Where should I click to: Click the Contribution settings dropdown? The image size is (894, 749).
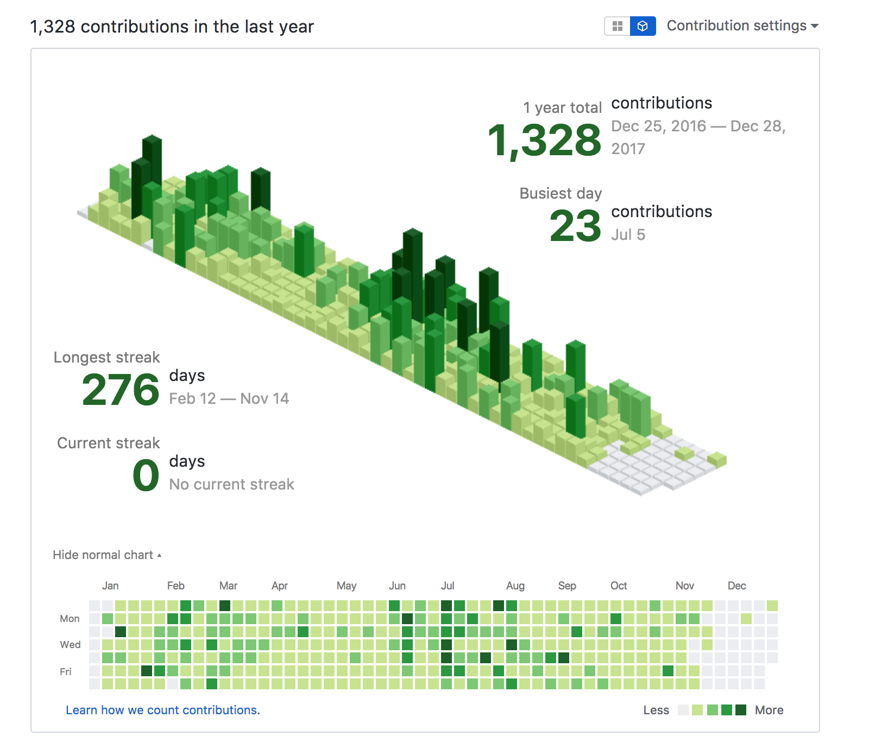[x=742, y=26]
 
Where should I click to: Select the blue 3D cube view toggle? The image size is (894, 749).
[x=643, y=26]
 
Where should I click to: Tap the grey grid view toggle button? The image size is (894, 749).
[x=618, y=26]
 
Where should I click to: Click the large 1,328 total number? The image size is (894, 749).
[x=544, y=141]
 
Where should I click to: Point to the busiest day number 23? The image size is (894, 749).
[x=575, y=226]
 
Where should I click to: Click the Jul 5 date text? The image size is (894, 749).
[x=628, y=235]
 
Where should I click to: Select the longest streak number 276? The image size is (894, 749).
[x=121, y=390]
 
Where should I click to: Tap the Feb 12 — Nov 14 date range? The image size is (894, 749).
[x=229, y=399]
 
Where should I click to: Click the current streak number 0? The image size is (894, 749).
[x=146, y=475]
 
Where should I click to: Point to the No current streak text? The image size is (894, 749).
[x=232, y=485]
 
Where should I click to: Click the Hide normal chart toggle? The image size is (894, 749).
[x=107, y=555]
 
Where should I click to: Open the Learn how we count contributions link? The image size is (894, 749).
[x=163, y=710]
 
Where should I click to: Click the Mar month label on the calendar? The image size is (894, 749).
[x=228, y=586]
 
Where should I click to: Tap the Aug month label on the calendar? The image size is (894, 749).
[x=515, y=586]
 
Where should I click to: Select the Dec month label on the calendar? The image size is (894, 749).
[x=736, y=586]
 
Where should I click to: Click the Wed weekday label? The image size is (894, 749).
[x=70, y=645]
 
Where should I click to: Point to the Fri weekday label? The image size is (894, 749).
[x=66, y=672]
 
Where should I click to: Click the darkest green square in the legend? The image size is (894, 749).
[x=741, y=710]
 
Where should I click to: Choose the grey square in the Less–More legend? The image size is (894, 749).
[x=683, y=710]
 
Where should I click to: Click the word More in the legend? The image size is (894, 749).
[x=769, y=710]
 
